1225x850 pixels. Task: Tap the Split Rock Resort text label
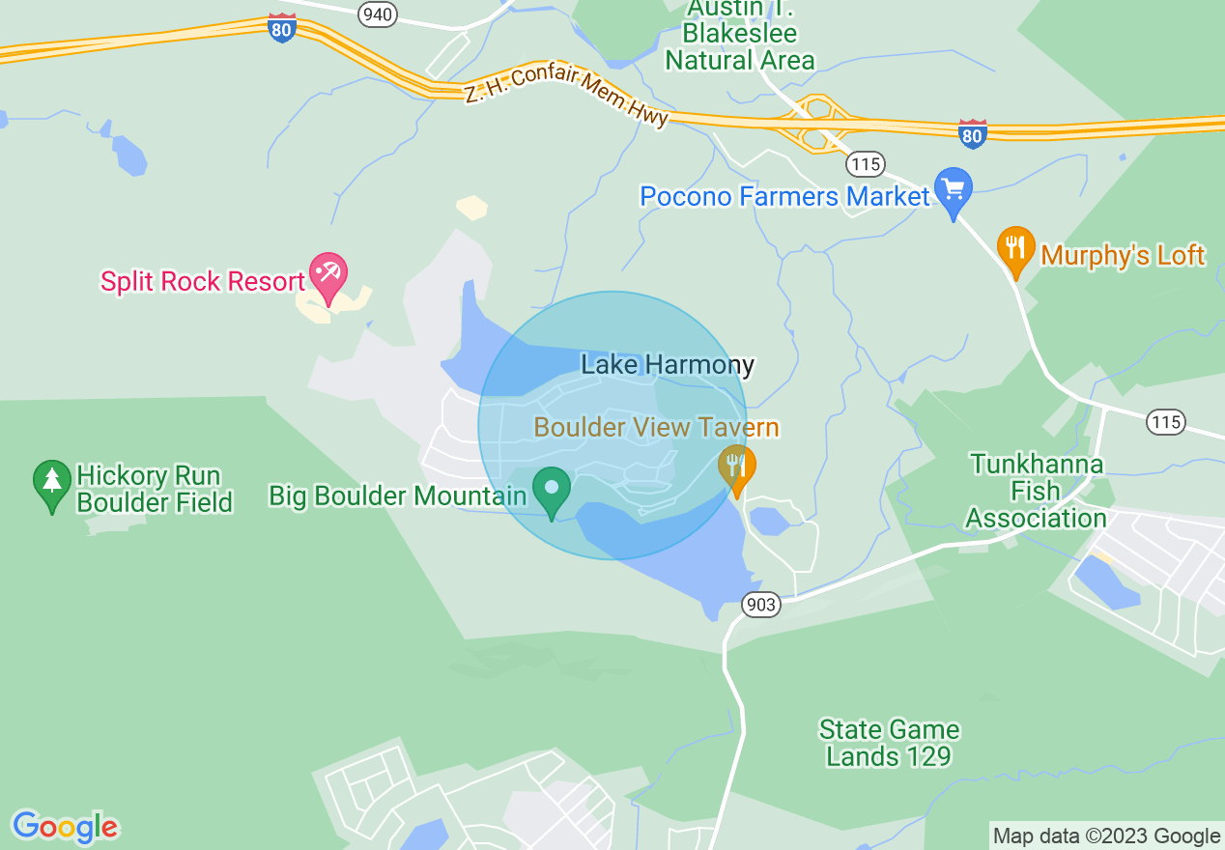[203, 282]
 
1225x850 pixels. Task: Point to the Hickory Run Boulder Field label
[155, 489]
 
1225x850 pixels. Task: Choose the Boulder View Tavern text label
[656, 427]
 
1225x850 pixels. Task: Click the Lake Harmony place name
[667, 365]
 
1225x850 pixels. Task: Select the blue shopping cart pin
[953, 190]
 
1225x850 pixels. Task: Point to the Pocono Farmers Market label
[784, 197]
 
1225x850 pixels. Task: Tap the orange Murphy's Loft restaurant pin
[1014, 248]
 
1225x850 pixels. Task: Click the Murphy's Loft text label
[1123, 255]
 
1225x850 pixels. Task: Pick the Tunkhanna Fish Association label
[1036, 491]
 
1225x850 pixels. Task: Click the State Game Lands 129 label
[889, 743]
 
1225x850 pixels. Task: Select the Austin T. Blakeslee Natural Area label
[739, 35]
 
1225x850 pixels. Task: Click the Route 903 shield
[761, 605]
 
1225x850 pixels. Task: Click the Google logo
[65, 827]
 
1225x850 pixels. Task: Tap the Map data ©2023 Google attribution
[1107, 836]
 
